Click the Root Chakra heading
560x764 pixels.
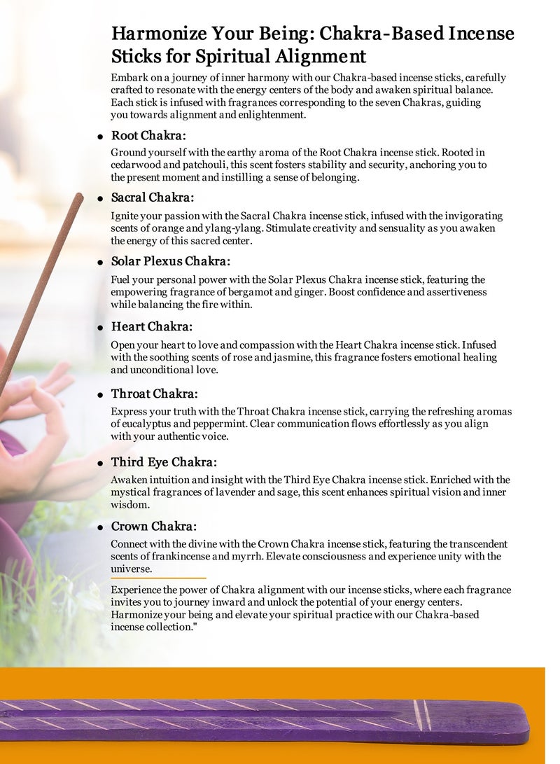pos(148,135)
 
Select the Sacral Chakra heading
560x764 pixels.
pos(153,198)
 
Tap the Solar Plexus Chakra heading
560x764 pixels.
pos(170,262)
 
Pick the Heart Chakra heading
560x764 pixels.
pos(151,326)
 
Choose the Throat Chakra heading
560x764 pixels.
pos(154,394)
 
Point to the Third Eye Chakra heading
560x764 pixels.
pos(164,462)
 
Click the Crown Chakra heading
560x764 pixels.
pos(153,526)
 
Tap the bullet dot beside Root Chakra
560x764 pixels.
pos(101,137)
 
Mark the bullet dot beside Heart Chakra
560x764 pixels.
pos(101,328)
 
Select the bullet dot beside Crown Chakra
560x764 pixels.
pos(101,527)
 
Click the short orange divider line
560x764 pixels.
pos(158,578)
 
